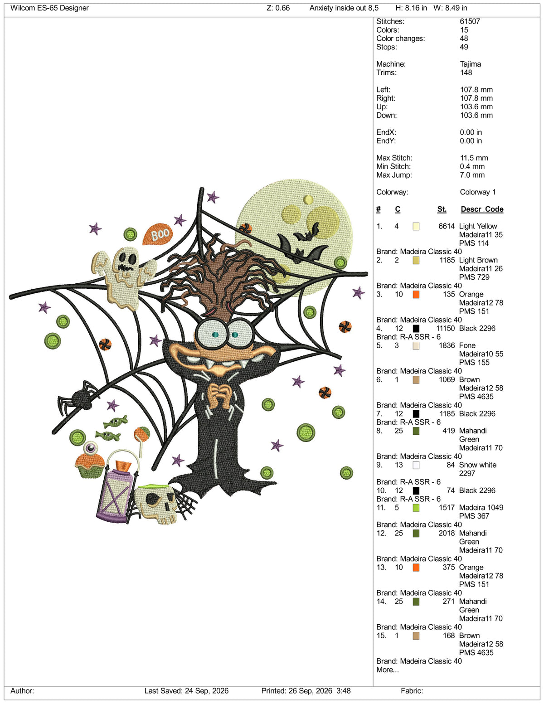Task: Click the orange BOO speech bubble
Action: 158,233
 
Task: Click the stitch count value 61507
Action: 470,21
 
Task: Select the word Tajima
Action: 471,64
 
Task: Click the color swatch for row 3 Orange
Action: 416,295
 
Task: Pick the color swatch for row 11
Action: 416,508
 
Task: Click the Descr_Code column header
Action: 482,209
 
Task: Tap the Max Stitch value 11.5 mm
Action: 474,158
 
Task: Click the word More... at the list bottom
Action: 388,670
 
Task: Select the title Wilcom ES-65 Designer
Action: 49,8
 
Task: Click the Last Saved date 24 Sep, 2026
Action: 206,691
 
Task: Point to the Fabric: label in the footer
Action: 412,691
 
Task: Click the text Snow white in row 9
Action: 477,465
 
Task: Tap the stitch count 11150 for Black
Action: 446,329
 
